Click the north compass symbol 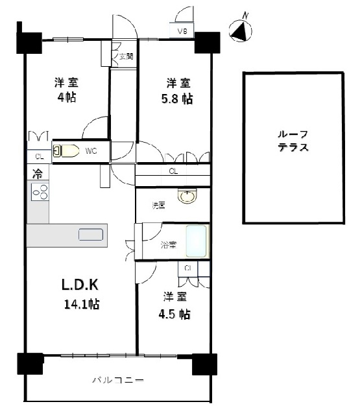pyautogui.click(x=241, y=31)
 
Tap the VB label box pyautogui.click(x=182, y=30)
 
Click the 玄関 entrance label pyautogui.click(x=126, y=56)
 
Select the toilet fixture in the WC pyautogui.click(x=66, y=151)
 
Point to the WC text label pyautogui.click(x=91, y=151)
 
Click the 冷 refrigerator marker pyautogui.click(x=38, y=174)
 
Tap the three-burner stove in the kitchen pyautogui.click(x=40, y=192)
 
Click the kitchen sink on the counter pyautogui.click(x=91, y=235)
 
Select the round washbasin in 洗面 pyautogui.click(x=187, y=196)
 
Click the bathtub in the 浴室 pyautogui.click(x=196, y=241)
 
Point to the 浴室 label pyautogui.click(x=169, y=245)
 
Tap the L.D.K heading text pyautogui.click(x=80, y=285)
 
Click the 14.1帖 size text pyautogui.click(x=82, y=304)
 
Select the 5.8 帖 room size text pyautogui.click(x=177, y=99)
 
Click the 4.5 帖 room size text pyautogui.click(x=174, y=314)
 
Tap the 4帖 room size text pyautogui.click(x=67, y=97)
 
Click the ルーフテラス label pyautogui.click(x=293, y=141)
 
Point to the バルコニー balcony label pyautogui.click(x=118, y=381)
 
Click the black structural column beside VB pyautogui.click(x=208, y=43)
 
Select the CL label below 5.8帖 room pyautogui.click(x=173, y=171)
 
